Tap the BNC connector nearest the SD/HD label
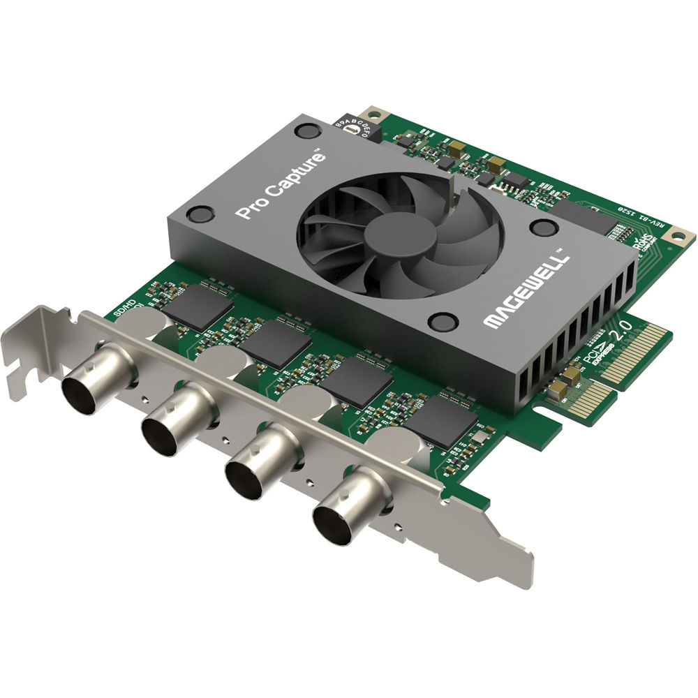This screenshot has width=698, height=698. pyautogui.click(x=91, y=385)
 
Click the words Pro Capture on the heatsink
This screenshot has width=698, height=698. pyautogui.click(x=282, y=186)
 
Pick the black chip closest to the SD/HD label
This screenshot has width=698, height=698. pyautogui.click(x=199, y=307)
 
